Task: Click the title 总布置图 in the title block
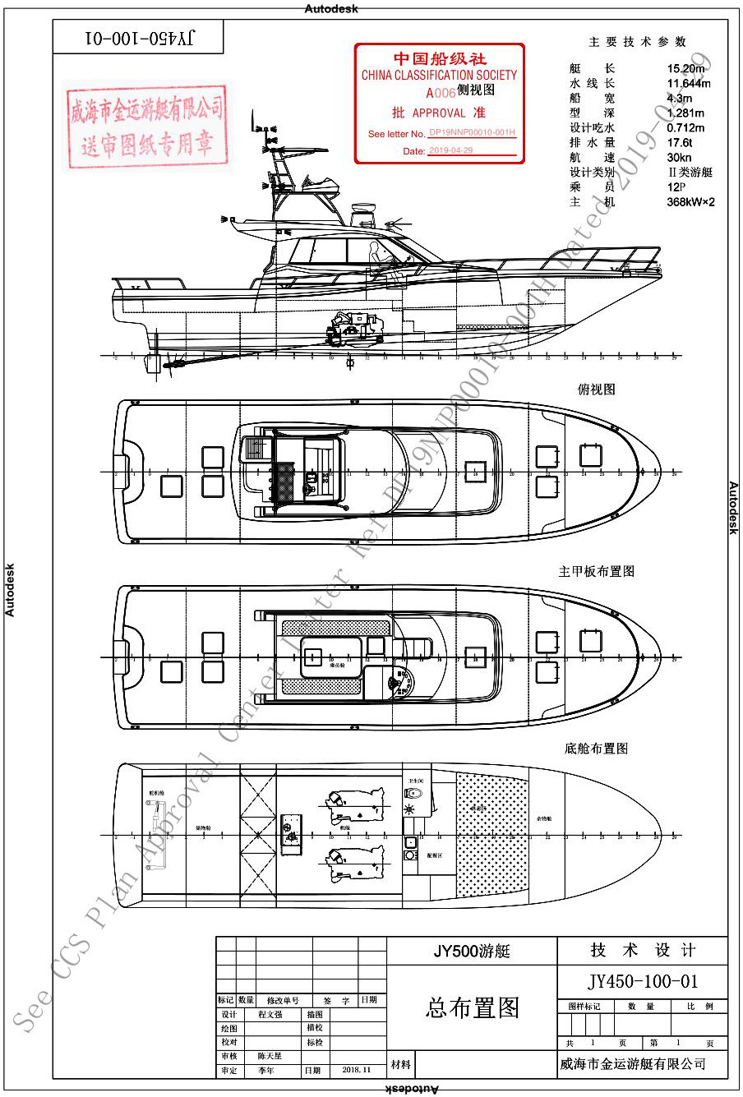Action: click(472, 1008)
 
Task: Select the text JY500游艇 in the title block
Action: click(472, 952)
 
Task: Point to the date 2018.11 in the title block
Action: click(355, 1071)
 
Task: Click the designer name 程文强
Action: click(270, 1015)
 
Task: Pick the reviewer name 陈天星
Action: click(270, 1056)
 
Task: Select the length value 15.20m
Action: click(685, 68)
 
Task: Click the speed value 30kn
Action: click(679, 157)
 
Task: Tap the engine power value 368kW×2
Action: click(690, 201)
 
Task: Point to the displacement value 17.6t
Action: click(679, 142)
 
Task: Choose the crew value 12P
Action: click(676, 187)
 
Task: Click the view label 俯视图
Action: click(596, 389)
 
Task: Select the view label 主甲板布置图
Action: click(596, 571)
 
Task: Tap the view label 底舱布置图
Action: click(596, 749)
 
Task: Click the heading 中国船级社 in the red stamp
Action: click(440, 59)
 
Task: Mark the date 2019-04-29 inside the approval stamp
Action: click(450, 151)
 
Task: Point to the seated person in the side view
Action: click(377, 254)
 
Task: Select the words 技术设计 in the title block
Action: click(643, 951)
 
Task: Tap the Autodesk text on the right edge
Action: click(734, 508)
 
